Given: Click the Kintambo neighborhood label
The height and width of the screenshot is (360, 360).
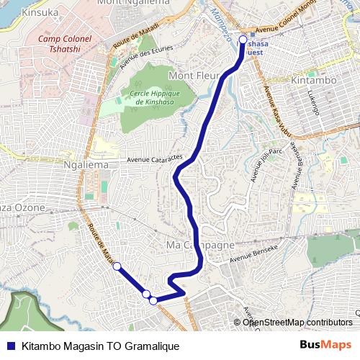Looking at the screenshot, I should tap(313, 81).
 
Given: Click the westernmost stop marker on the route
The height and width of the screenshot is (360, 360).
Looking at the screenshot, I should tap(117, 266).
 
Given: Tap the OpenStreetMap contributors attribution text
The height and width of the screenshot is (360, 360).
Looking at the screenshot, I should tap(297, 322).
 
